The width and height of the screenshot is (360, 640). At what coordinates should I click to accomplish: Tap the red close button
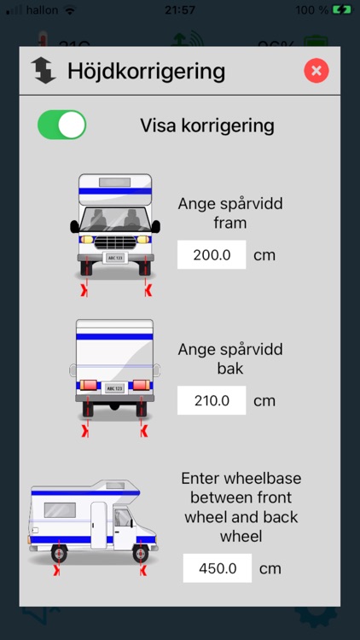316,71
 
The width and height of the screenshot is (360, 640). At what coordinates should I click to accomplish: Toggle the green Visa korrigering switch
61,125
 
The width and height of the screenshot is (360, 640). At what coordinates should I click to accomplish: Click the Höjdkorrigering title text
146,71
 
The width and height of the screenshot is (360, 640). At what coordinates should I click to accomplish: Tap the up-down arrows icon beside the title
43,71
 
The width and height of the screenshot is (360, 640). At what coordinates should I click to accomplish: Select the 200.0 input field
212,255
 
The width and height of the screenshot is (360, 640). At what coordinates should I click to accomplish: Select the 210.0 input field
212,400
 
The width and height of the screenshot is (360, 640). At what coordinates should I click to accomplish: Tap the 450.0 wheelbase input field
218,568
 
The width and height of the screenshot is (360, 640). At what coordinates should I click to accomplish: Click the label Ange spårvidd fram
230,213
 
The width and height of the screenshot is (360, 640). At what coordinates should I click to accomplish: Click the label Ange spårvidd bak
230,359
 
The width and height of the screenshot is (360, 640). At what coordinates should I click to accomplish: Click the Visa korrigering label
207,126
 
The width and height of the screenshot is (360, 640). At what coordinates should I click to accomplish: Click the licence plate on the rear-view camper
114,387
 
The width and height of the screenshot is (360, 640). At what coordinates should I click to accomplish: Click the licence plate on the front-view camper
114,258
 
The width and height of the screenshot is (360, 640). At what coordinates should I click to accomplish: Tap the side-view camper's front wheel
139,553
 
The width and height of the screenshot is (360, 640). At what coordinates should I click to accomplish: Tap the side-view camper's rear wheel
59,553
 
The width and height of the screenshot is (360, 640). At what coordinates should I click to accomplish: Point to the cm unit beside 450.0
270,568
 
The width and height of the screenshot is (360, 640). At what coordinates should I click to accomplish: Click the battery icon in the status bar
341,10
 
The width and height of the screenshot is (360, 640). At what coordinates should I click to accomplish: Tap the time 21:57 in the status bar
180,10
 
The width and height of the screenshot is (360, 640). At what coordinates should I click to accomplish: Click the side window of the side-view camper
59,509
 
